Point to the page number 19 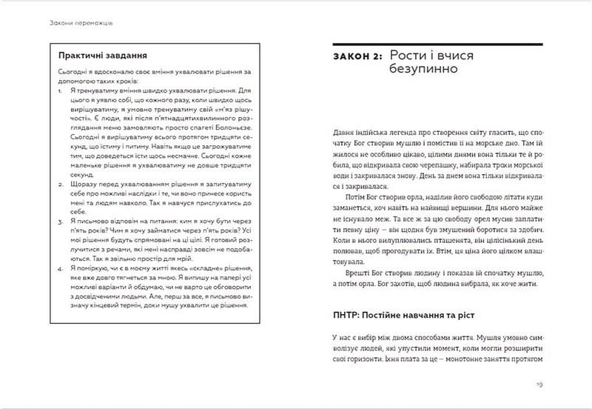(539, 385)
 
